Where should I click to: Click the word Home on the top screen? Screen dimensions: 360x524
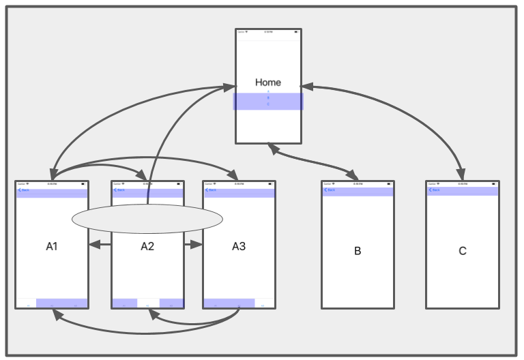(268, 82)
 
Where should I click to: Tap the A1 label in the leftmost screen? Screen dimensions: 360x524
(52, 246)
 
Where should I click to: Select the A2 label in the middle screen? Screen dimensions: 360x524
(147, 246)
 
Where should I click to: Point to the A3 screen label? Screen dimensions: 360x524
(238, 246)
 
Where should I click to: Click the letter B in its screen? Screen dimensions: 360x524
(358, 251)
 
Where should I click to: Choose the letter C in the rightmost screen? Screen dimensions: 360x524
(463, 251)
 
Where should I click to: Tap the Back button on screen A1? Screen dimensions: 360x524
(24, 190)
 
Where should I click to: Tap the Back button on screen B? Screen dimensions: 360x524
(330, 190)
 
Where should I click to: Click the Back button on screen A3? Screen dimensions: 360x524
(212, 190)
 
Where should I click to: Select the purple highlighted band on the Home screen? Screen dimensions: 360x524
(268, 101)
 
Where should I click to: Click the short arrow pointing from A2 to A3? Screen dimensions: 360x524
(194, 245)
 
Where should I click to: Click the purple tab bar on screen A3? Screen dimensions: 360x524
(229, 303)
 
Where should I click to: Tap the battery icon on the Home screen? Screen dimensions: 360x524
(296, 31)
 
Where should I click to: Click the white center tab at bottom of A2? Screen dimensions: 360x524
(148, 303)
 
